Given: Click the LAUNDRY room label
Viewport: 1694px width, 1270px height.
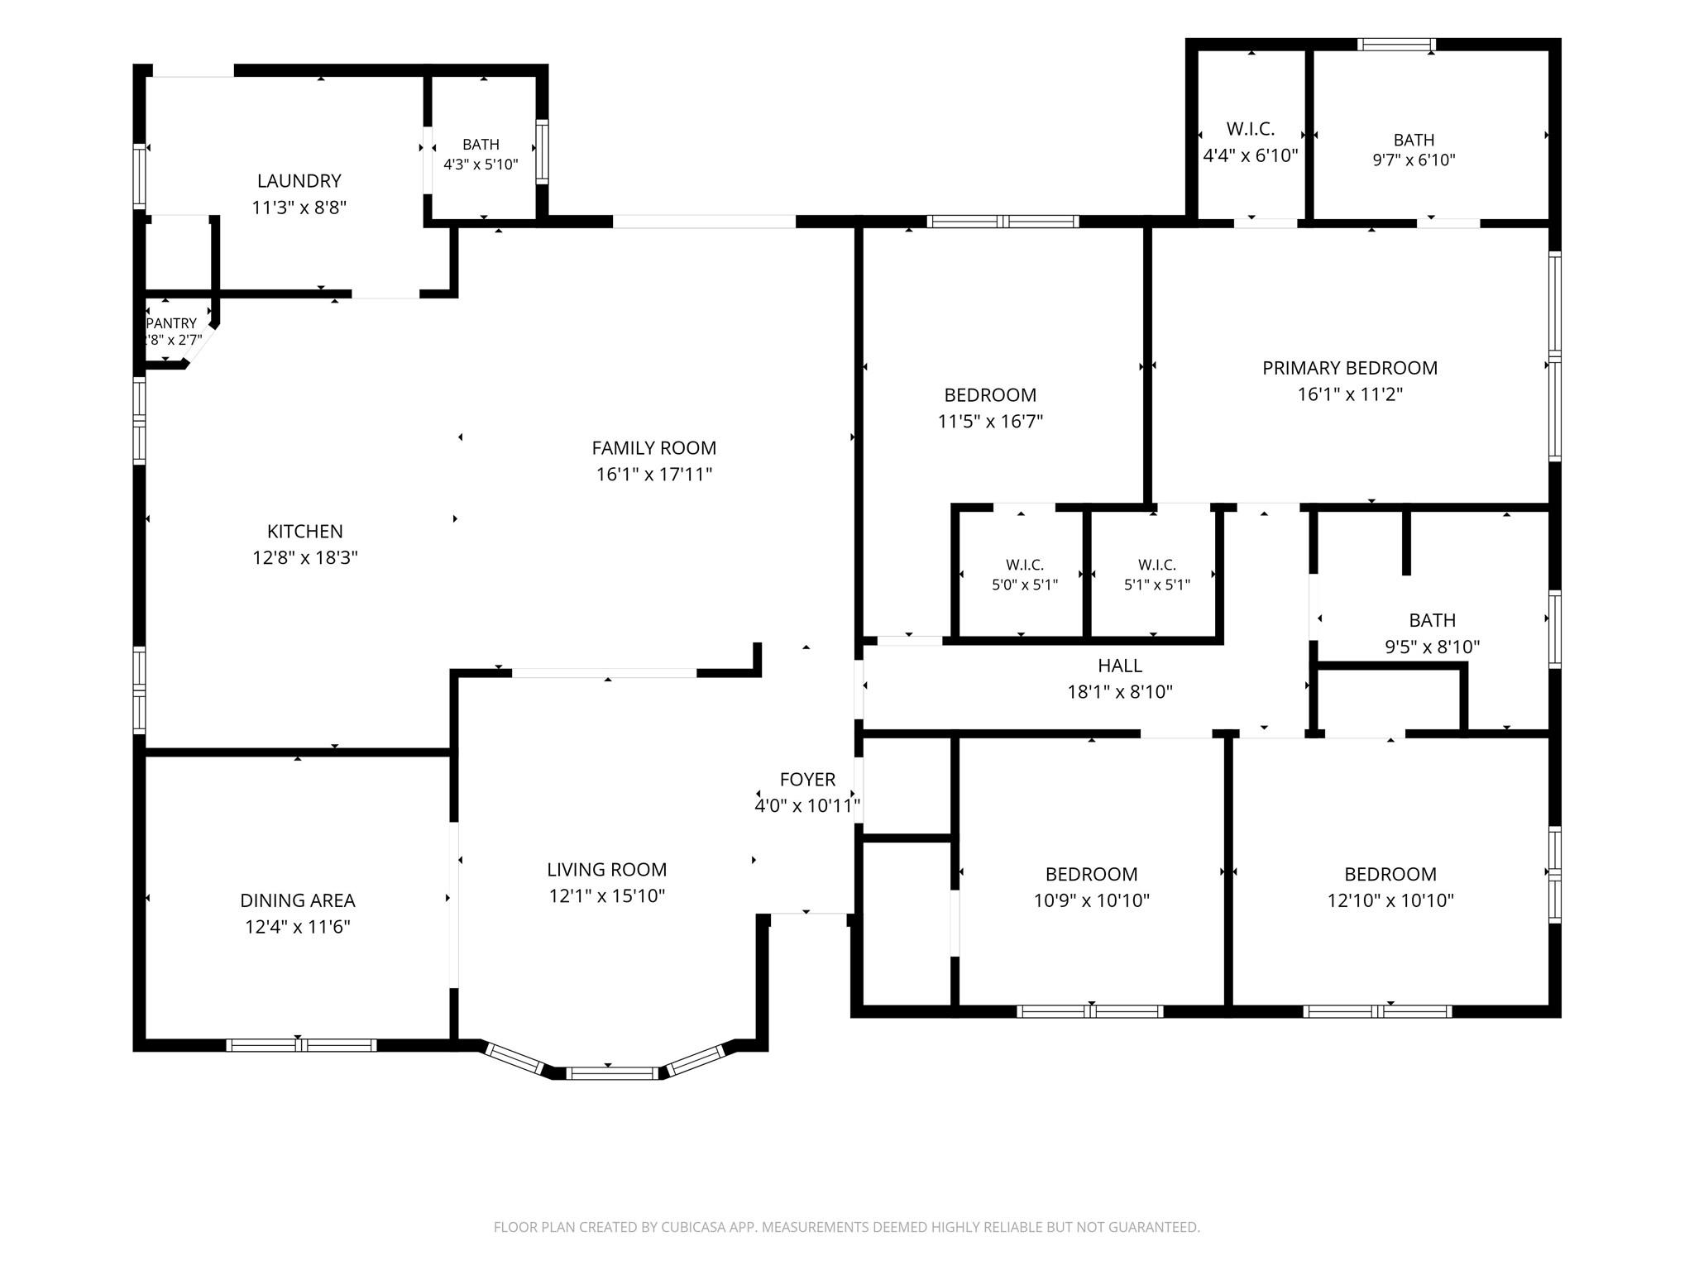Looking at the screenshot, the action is (x=299, y=181).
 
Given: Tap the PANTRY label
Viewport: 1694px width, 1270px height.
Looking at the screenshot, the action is (x=171, y=323).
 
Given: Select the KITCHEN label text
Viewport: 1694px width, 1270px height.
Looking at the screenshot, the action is (x=304, y=532).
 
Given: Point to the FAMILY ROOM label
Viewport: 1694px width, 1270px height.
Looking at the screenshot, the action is (x=653, y=448).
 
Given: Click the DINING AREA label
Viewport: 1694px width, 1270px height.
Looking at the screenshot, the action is (x=298, y=900).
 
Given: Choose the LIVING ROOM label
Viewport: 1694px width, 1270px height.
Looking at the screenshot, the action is (x=606, y=870).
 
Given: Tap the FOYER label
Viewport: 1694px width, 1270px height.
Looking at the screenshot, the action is (x=807, y=780).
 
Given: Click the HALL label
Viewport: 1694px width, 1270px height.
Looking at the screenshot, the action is (x=1120, y=666).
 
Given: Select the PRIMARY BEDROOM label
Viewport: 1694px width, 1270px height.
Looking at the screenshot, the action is (x=1350, y=368).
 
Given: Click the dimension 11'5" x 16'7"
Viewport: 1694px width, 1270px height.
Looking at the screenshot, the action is (x=990, y=422).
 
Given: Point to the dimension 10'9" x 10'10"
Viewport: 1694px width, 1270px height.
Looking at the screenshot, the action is (x=1092, y=900).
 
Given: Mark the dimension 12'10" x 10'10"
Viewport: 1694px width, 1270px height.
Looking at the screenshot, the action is (x=1390, y=900).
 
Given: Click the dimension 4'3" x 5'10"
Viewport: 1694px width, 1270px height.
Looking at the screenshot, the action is (x=481, y=164).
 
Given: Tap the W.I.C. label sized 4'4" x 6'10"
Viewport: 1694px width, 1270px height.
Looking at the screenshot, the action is (x=1251, y=129).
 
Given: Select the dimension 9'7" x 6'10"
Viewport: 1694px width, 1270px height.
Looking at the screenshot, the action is (x=1414, y=160).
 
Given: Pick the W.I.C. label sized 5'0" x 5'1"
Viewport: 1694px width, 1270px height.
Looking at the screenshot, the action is (x=1025, y=565).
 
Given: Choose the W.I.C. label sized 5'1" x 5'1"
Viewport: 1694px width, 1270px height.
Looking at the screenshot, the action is (x=1157, y=565).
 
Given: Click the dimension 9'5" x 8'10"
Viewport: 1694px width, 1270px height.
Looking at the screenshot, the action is (x=1433, y=647).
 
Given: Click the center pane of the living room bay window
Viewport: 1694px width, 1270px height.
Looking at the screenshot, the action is (x=613, y=1073).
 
